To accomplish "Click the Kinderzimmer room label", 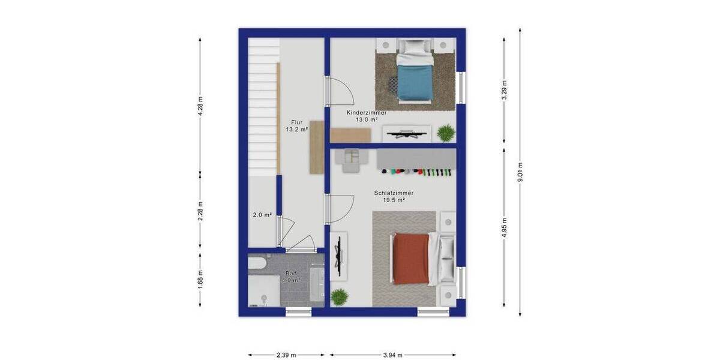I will [366, 113].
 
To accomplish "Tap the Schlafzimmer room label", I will [394, 193].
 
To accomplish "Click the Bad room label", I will [291, 273].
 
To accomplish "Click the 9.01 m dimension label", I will [520, 172].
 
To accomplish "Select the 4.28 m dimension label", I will [200, 106].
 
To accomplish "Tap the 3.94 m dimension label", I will [393, 355].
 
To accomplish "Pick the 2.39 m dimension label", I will [286, 355].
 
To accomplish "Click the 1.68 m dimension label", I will [200, 279].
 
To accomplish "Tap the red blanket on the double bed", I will [411, 259].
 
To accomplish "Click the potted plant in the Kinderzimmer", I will [446, 133].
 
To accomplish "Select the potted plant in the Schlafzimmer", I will [340, 296].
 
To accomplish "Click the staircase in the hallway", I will [263, 108].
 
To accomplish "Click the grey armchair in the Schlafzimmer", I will [350, 159].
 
